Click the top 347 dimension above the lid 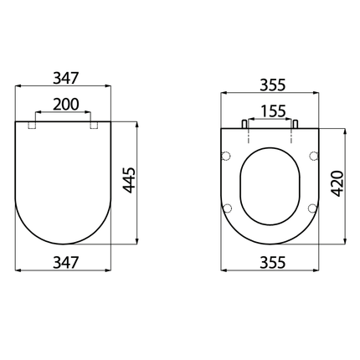click(64, 78)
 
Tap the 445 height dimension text click(127, 182)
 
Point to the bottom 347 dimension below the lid click(64, 261)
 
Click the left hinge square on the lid click(34, 126)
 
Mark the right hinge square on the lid click(94, 126)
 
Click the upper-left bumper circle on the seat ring click(226, 155)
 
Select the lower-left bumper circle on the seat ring click(227, 208)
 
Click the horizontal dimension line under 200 click(64, 112)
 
